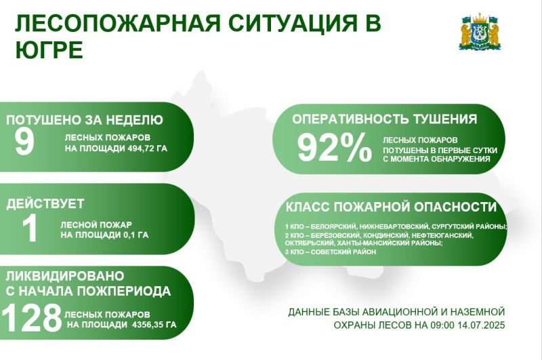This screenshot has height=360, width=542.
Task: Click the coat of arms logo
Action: pos(480,32)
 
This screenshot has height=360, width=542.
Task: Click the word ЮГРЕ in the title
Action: pos(49,49)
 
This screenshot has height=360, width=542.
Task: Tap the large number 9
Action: pos(24,142)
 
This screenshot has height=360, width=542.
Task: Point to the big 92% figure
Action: pos(335,148)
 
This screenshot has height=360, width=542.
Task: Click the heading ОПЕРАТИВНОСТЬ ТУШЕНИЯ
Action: pos(384,119)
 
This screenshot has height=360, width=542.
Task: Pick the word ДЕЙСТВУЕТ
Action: pos(45,203)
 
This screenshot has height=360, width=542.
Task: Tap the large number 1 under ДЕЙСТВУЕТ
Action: pos(30,228)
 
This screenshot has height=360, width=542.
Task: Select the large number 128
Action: pos(32,318)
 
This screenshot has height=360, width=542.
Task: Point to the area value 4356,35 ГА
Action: pos(154,325)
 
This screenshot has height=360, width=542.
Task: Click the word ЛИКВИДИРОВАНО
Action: pos(65,276)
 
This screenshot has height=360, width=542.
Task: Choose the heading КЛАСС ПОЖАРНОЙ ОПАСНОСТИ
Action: pos(391,207)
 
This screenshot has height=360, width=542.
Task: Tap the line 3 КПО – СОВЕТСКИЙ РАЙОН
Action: pos(331,252)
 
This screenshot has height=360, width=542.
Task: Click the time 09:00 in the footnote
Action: pos(442,325)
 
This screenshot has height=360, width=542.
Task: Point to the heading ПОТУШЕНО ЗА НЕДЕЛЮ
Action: pos(84,120)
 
